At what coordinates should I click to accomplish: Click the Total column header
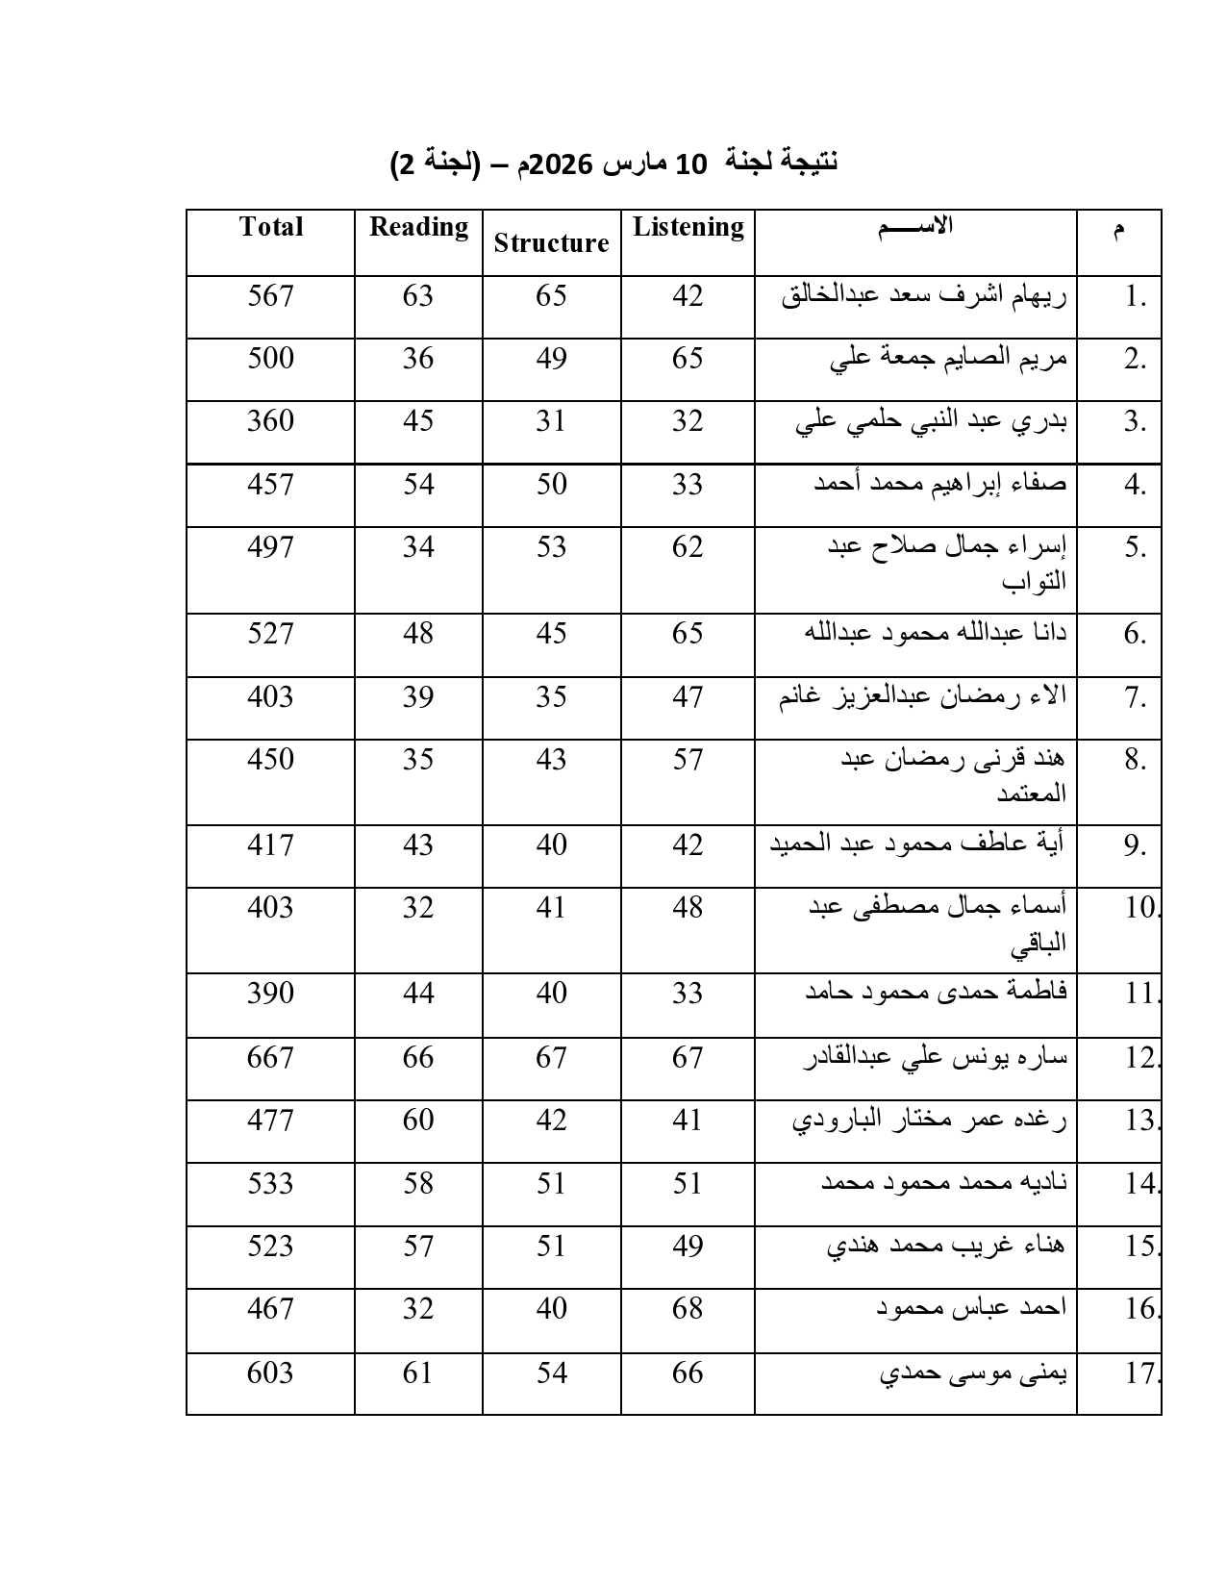[x=270, y=227]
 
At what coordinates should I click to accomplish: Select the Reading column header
[x=418, y=227]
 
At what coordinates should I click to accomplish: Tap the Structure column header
[x=551, y=243]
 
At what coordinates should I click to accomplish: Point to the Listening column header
[x=688, y=227]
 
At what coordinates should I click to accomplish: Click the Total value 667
[x=270, y=1057]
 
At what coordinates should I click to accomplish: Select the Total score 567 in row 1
[x=270, y=295]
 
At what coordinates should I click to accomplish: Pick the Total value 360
[x=270, y=420]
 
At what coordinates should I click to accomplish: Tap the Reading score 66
[x=418, y=1057]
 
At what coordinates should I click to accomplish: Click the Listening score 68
[x=688, y=1308]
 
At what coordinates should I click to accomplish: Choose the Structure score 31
[x=551, y=420]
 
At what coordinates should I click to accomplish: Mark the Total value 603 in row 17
[x=270, y=1372]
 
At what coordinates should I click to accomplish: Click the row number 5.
[x=1136, y=547]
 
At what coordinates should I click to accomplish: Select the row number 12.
[x=1142, y=1058]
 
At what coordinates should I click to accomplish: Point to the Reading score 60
[x=418, y=1120]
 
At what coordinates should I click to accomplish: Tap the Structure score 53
[x=551, y=546]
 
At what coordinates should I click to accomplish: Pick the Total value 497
[x=270, y=546]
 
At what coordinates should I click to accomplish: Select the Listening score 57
[x=688, y=759]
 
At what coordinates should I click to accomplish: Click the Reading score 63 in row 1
[x=418, y=295]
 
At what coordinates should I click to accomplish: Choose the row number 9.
[x=1136, y=845]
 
